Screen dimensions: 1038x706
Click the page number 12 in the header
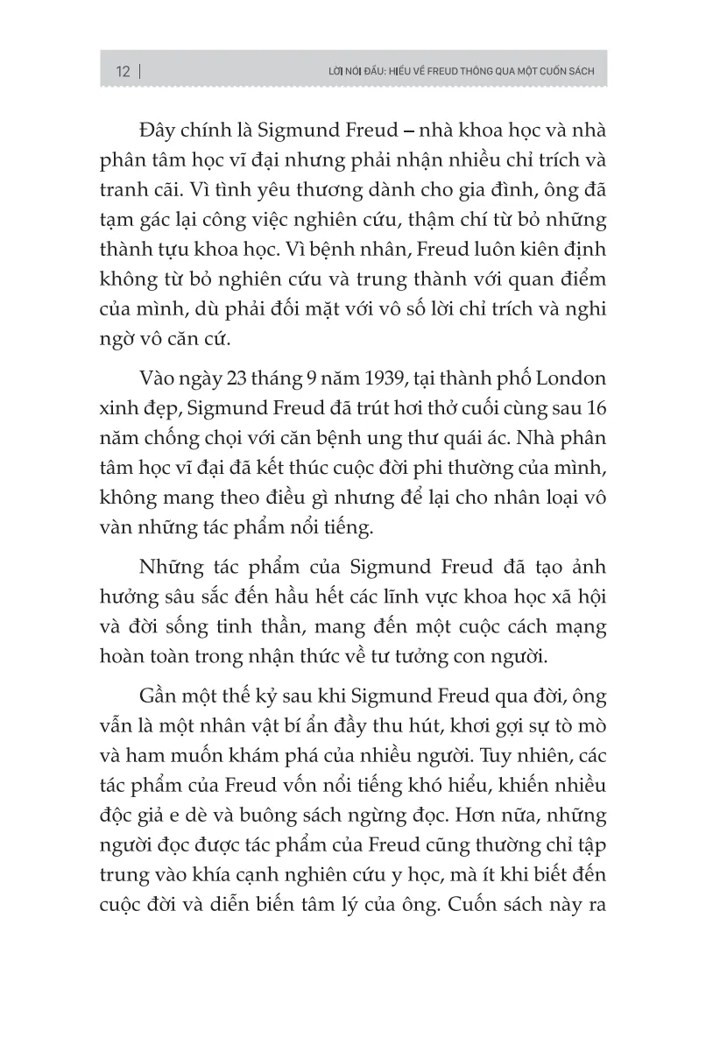(122, 72)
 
